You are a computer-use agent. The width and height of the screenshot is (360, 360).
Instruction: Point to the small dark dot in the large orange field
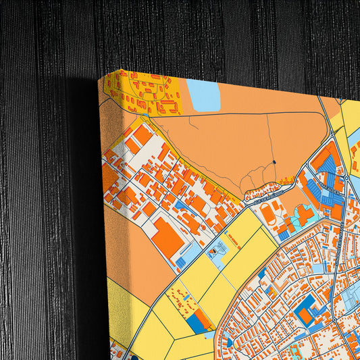tap(274, 162)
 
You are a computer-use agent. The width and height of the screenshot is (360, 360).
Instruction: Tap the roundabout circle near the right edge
tap(346, 177)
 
